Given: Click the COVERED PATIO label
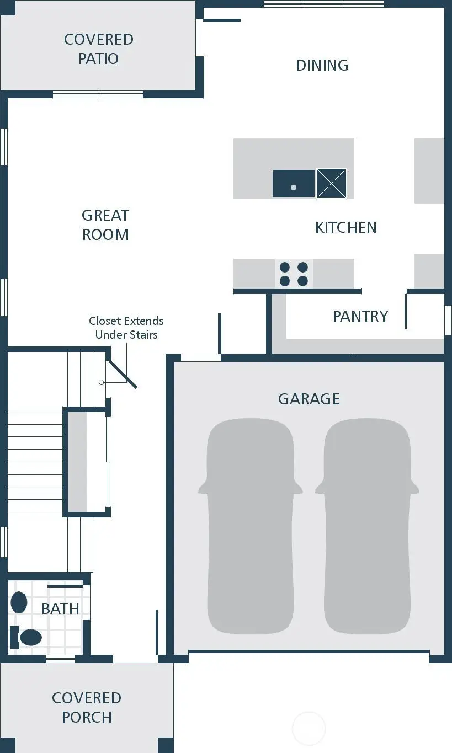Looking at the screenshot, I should pos(98,49).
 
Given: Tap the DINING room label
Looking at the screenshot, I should pos(322,65).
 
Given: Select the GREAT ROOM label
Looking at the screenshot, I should pos(105,225).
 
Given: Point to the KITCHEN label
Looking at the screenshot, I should pos(345,227).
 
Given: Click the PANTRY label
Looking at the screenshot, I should pos(360,316).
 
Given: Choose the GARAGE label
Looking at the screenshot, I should pos(309,399).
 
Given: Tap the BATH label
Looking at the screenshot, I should pos(60,608).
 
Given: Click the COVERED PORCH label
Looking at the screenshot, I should pos(87,707).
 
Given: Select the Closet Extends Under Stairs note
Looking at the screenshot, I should pos(126,328).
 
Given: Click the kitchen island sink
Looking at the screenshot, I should pos(294,184).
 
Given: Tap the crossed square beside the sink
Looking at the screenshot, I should pos(331,184).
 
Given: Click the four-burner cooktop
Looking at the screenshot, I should pos(294,274).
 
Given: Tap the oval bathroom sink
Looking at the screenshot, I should pos(19,602).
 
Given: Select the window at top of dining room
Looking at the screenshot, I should pos(323,4).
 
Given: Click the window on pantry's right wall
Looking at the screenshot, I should pos(448,320).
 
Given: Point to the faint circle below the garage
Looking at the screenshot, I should pos(309,728).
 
